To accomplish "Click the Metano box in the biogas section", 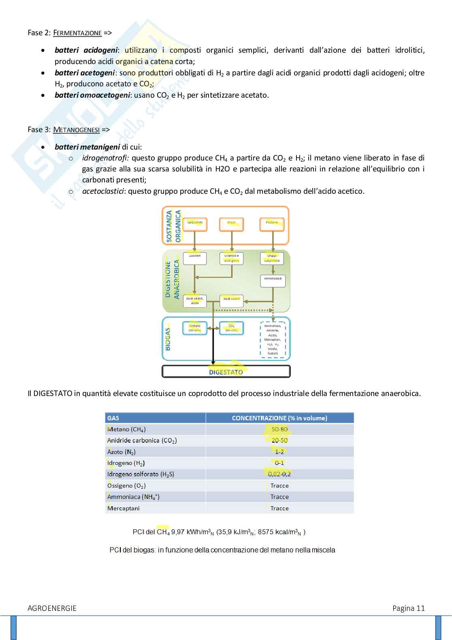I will click(x=195, y=328).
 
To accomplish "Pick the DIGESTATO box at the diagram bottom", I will click(x=226, y=372).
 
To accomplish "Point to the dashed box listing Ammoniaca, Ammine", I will click(x=273, y=340).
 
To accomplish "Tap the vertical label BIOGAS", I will click(x=168, y=339).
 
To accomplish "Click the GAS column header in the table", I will click(x=113, y=418).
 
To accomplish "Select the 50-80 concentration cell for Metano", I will click(x=279, y=429).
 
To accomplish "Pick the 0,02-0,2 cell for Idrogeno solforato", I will click(x=279, y=474).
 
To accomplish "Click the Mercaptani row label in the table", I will click(x=124, y=508).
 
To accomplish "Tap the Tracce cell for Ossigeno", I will click(x=279, y=486).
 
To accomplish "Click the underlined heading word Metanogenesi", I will click(x=76, y=130).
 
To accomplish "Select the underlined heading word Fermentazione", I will click(x=77, y=33).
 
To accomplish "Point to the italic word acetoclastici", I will click(x=103, y=191).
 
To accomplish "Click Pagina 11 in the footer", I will click(x=408, y=608).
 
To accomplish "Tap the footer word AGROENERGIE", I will click(x=52, y=608).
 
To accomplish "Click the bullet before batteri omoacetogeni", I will click(x=43, y=96).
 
